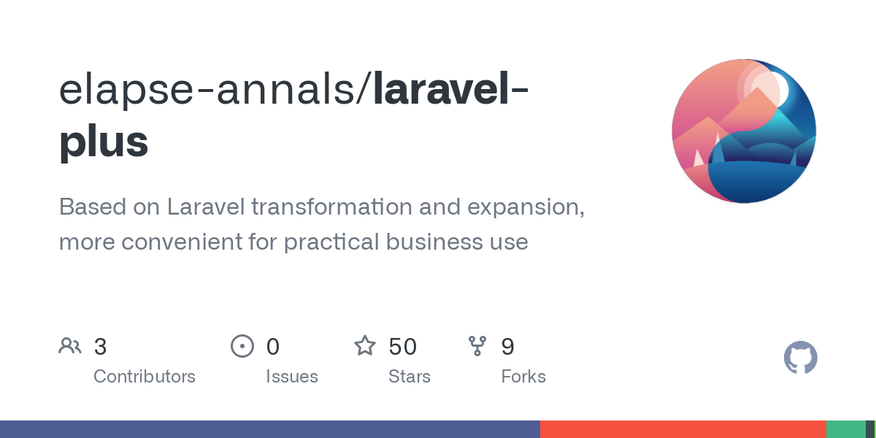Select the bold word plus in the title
pos(104,142)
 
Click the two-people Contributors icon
pos(70,346)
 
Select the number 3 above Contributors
pos(101,347)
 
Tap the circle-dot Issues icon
pos(242,346)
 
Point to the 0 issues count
pos(272,347)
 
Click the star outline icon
pos(364,345)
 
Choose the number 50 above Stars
pos(402,347)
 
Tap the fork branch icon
pos(477,346)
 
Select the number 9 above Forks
pos(507,347)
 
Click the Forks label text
pos(523,377)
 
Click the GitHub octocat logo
pos(800,358)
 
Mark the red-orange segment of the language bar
pos(683,429)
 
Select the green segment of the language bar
pos(845,429)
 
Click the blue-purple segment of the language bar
pos(270,429)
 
